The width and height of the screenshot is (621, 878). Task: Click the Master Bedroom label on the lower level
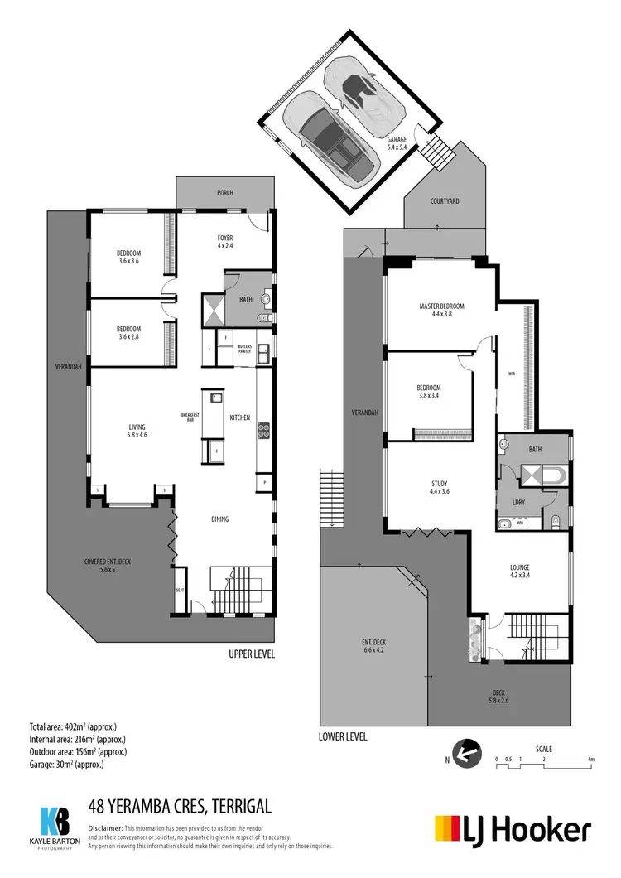click(441, 310)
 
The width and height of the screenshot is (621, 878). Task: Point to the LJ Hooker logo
click(513, 829)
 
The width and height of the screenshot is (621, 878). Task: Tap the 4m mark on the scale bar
click(591, 759)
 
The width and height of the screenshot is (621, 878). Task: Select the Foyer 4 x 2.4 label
click(225, 242)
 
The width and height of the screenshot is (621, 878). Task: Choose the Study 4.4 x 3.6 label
click(440, 487)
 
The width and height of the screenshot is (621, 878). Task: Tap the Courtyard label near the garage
click(445, 201)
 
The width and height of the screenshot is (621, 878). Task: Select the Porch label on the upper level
click(225, 193)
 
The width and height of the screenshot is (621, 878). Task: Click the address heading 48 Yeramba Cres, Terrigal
click(180, 806)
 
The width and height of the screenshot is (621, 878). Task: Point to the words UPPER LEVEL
click(252, 654)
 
